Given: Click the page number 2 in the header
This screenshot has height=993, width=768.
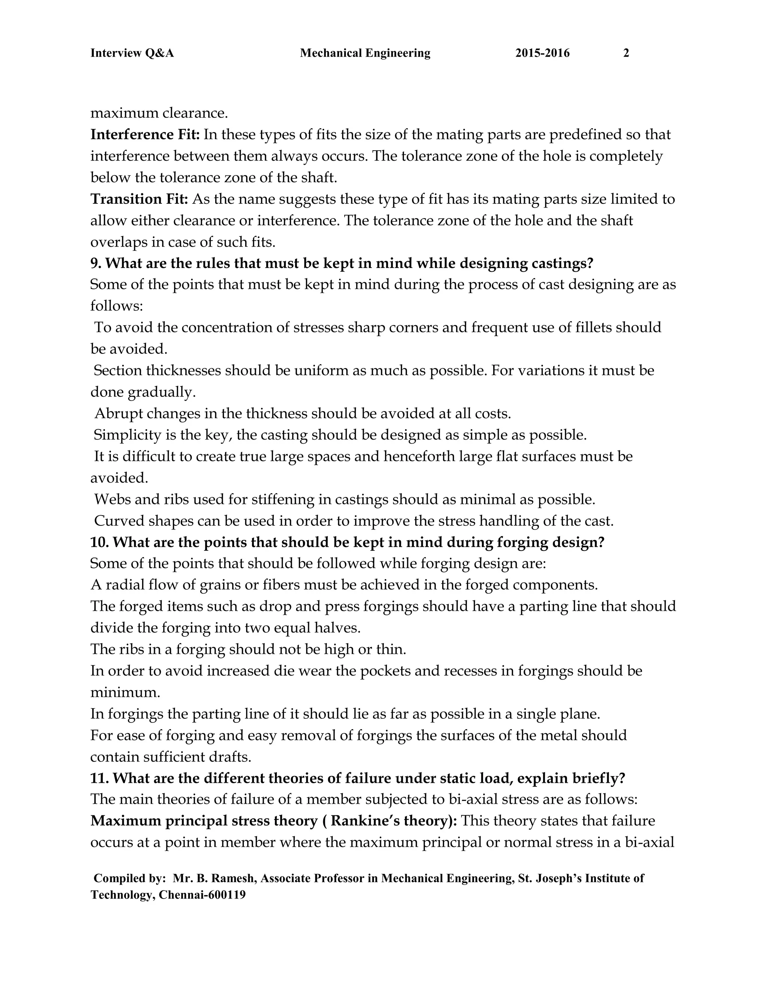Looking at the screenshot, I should (x=626, y=54).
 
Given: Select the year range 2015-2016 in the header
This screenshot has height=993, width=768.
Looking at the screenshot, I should (x=542, y=54).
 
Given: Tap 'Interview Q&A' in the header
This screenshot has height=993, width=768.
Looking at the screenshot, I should (x=132, y=54).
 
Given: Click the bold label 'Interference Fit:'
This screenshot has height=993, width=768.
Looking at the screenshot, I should (x=145, y=135).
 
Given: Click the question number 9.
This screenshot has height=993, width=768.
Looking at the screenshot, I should (x=96, y=263).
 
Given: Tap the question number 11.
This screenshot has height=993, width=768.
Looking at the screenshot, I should (x=99, y=778).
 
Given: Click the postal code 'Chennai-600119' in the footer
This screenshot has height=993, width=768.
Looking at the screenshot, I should (x=202, y=895).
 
